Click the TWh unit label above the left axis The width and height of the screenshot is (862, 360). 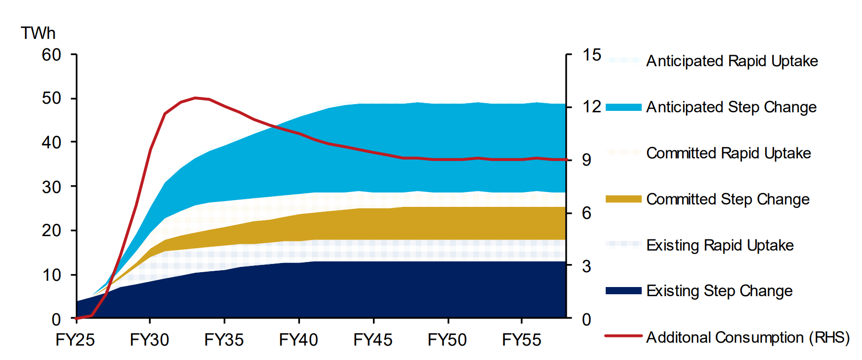tap(38, 33)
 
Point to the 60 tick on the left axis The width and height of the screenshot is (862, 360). tap(51, 55)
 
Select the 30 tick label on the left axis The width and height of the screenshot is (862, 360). tap(51, 187)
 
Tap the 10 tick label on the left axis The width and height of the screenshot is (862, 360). tap(51, 275)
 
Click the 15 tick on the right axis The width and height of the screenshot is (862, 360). tap(591, 55)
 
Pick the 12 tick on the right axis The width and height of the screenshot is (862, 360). tap(591, 107)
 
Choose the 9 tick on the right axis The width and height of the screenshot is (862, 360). tap(587, 160)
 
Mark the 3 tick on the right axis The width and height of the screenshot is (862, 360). tap(587, 266)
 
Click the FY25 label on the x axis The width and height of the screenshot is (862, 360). tap(75, 340)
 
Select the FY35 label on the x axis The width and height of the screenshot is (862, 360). tap(224, 340)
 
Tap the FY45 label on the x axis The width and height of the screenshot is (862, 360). tap(373, 340)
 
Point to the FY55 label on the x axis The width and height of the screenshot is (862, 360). tap(522, 340)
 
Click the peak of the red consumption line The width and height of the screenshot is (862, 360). tap(195, 97)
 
